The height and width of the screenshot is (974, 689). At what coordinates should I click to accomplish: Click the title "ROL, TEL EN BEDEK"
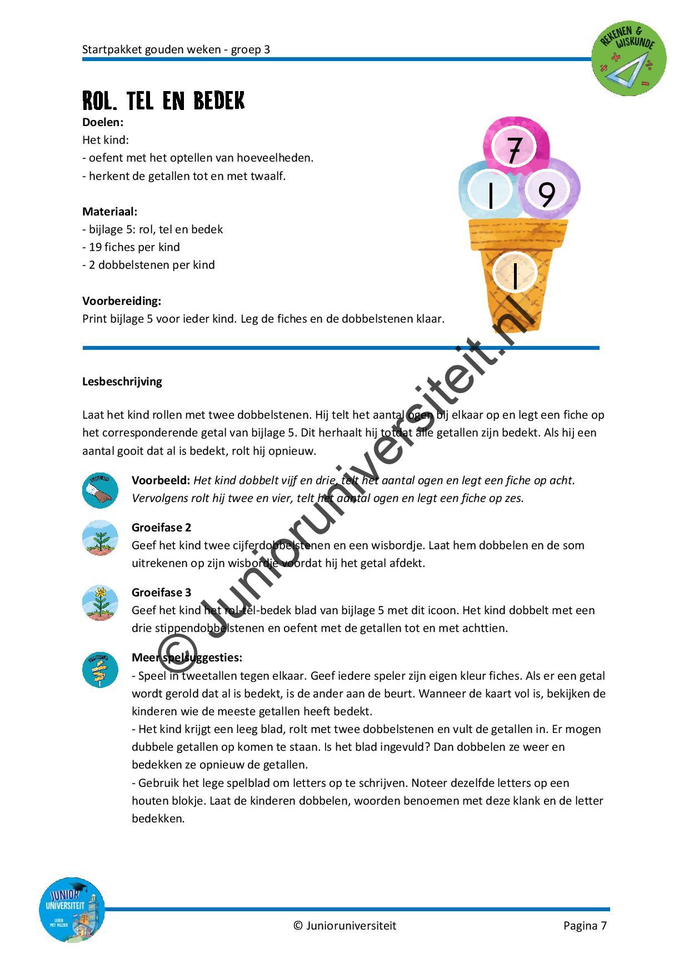163,101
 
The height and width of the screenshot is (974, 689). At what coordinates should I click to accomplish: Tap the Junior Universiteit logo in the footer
72,910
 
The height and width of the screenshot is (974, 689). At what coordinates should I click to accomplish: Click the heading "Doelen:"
103,122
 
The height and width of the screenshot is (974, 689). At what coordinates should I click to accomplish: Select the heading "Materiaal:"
109,212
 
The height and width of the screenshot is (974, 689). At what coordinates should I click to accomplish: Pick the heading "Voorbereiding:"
122,301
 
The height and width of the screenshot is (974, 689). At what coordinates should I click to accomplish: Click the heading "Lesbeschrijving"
122,381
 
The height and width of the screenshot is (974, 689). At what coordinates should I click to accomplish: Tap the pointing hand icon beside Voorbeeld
100,490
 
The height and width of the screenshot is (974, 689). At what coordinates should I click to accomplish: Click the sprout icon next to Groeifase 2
100,538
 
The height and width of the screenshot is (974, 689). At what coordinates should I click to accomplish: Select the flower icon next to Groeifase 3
100,603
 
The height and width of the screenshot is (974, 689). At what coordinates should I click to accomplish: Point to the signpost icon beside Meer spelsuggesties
100,670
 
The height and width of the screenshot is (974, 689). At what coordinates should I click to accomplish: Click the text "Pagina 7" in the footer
585,926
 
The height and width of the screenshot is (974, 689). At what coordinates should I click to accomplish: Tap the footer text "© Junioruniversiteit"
344,926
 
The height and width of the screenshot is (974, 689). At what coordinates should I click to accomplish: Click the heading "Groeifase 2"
161,528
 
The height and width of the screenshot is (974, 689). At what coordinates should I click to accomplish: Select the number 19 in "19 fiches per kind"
95,247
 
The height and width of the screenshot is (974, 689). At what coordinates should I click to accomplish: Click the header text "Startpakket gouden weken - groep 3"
176,49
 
